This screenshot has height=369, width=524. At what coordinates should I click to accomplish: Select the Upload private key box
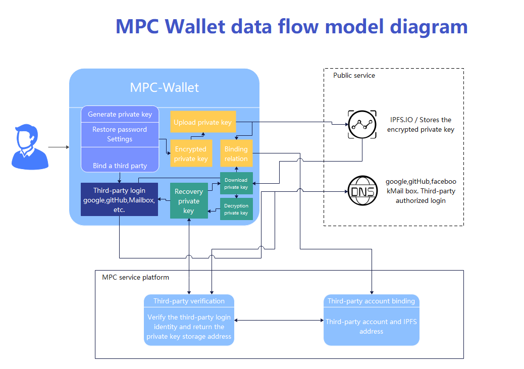(203, 122)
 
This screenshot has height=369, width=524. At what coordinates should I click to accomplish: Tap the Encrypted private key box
(191, 153)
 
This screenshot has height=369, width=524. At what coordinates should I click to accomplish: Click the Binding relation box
(236, 153)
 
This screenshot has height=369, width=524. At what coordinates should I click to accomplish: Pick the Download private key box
(236, 183)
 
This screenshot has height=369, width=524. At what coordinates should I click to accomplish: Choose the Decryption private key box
(236, 209)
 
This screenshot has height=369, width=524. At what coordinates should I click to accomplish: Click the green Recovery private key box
(188, 200)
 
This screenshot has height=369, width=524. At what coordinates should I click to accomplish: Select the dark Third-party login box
(119, 199)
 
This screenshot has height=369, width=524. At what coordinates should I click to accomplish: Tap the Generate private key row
(120, 114)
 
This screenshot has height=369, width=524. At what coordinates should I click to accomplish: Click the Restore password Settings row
(120, 134)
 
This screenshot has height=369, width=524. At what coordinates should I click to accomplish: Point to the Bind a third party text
(120, 166)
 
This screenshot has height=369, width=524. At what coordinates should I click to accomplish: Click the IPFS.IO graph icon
(362, 125)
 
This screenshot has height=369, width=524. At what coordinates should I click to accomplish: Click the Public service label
(354, 76)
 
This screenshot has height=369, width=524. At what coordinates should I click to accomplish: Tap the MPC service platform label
(135, 278)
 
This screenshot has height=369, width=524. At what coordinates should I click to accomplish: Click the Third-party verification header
(189, 301)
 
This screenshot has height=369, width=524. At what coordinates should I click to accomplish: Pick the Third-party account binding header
(371, 301)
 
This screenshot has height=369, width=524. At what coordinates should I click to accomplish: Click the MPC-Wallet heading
(164, 87)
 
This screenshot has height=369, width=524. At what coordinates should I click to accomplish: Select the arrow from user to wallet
(59, 147)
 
